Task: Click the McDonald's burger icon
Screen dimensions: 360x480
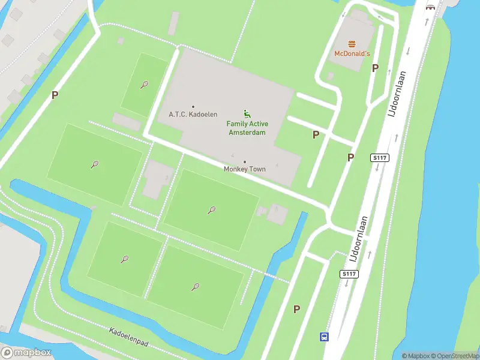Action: [x=352, y=43]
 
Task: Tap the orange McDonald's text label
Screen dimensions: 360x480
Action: [x=352, y=54]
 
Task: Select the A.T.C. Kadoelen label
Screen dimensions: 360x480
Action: [x=193, y=114]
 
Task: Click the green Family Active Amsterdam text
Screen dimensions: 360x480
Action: [x=247, y=128]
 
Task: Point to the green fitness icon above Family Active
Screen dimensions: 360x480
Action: [x=247, y=113]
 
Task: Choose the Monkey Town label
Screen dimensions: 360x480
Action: [x=244, y=169]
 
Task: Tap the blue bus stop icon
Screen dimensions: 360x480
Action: [x=324, y=337]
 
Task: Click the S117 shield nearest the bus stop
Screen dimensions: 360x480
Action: [x=349, y=274]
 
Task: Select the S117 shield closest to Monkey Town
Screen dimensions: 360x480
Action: [x=380, y=158]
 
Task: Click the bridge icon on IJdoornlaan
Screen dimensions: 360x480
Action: [x=430, y=7]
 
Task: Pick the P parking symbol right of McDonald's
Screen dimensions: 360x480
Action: [x=375, y=68]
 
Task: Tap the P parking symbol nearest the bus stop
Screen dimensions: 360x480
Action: [x=296, y=309]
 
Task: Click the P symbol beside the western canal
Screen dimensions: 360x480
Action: [x=55, y=95]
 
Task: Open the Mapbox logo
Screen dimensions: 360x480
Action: [x=26, y=353]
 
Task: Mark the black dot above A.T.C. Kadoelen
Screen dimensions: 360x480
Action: [x=193, y=107]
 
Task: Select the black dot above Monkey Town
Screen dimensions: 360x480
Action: [x=244, y=162]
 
